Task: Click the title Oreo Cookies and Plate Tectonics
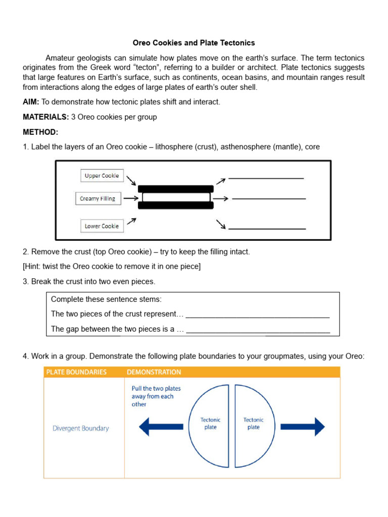point(193,43)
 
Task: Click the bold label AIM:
point(31,102)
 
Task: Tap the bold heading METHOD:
point(40,132)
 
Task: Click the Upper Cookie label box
point(102,176)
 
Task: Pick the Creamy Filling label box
point(97,198)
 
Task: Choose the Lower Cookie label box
point(102,226)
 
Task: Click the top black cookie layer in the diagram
point(175,188)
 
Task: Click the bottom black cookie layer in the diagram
point(175,206)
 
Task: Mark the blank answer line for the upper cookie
point(266,177)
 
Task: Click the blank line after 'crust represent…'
point(258,316)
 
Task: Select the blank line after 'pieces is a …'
point(258,332)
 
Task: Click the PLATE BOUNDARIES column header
point(76,372)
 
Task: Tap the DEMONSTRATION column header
point(154,372)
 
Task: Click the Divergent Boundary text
point(81,428)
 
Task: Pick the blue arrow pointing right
point(302,427)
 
